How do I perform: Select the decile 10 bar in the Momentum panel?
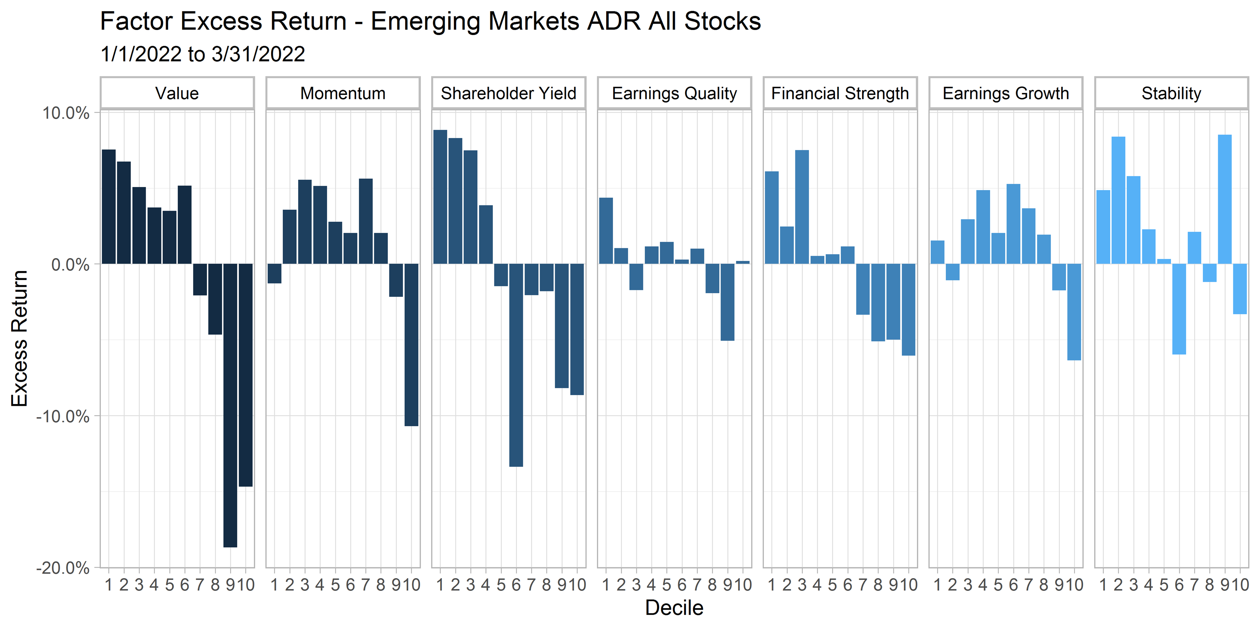[411, 344]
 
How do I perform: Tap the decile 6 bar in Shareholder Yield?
[516, 365]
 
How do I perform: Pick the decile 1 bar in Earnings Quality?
[606, 231]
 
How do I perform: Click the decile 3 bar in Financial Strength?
[802, 207]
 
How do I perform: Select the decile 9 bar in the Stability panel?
[1225, 199]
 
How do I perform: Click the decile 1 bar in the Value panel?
[109, 206]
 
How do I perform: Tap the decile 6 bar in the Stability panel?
[1179, 309]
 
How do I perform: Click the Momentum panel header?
[343, 93]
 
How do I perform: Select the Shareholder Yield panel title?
[509, 93]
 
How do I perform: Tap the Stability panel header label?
[1171, 93]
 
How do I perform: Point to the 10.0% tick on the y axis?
[65, 113]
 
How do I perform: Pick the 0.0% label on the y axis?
[70, 265]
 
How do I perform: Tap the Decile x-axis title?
[674, 607]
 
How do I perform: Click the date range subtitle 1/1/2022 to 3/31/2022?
[203, 54]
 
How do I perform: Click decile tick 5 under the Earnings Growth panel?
[998, 585]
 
